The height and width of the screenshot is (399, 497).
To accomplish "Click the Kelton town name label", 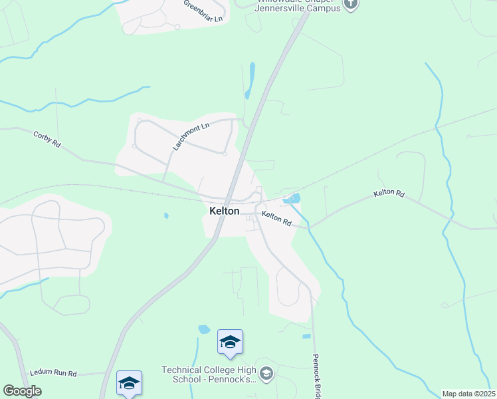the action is coord(224,210).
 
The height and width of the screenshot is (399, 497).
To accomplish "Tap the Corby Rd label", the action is coord(47,139).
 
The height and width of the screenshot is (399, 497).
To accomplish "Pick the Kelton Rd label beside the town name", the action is coord(276,217).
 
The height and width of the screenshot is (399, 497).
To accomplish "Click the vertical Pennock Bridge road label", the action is coord(317,376).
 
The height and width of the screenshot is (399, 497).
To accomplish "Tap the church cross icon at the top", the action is coord(351,5).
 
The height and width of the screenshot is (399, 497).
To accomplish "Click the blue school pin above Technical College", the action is coord(230,342).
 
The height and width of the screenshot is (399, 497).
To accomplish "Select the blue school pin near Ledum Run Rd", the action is coord(129,382).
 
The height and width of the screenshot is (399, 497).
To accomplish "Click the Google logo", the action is coord(23,390).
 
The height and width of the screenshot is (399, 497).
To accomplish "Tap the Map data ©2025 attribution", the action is coord(468,394).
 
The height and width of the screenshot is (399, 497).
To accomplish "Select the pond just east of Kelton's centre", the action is coord(292,198).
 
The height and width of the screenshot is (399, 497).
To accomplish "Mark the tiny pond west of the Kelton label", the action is coord(166,215).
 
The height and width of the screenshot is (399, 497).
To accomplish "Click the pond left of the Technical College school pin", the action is coord(204,329).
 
